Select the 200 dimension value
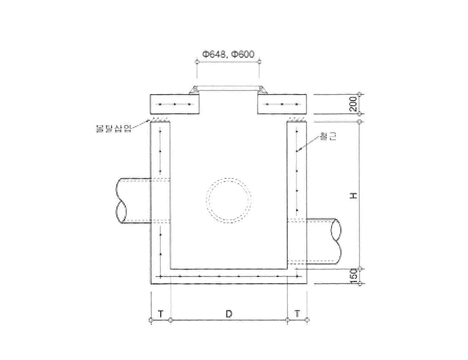pos(353,104)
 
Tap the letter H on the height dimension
pos(353,196)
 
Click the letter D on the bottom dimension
pos(229,314)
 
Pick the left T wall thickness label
pos(160,314)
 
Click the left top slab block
pos(175,104)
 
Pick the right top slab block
pos(283,104)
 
